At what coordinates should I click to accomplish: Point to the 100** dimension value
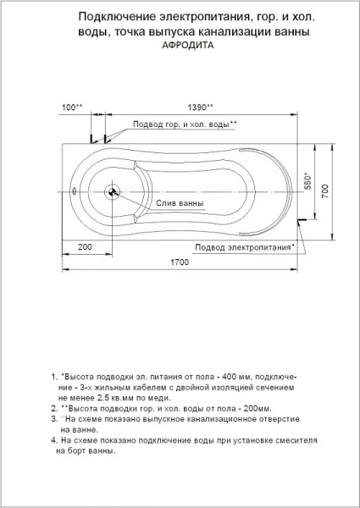click(73, 107)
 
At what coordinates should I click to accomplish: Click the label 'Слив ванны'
click(180, 205)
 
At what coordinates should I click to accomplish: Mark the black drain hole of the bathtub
click(112, 191)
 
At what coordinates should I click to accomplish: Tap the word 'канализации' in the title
click(232, 31)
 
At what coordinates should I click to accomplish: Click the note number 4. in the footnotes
click(53, 441)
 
